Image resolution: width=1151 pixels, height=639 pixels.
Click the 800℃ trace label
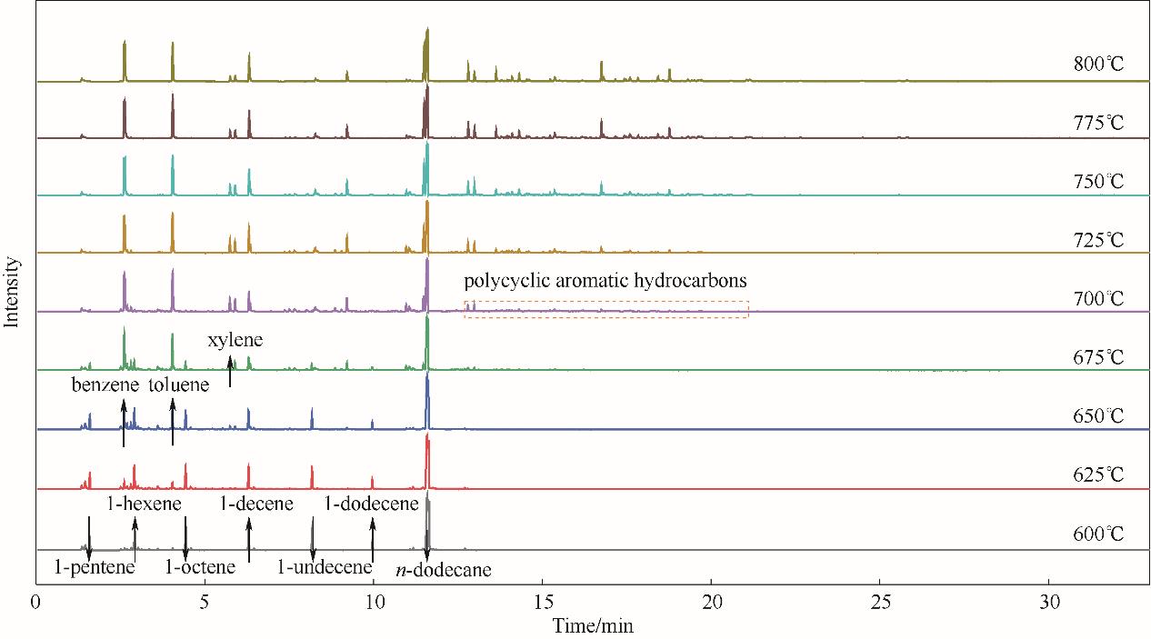point(1098,65)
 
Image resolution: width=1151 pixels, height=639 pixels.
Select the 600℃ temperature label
point(1098,534)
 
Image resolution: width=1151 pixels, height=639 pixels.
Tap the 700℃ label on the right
point(1098,299)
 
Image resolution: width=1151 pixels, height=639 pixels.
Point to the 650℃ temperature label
point(1098,416)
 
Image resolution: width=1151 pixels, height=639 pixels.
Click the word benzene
point(105,384)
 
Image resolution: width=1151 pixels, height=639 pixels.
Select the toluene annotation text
point(179,384)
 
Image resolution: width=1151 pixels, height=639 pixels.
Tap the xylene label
point(235,341)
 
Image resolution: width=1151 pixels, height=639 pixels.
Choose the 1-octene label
point(200,568)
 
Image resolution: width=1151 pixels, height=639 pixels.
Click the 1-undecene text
point(325,568)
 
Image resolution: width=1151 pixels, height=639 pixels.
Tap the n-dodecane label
point(445,571)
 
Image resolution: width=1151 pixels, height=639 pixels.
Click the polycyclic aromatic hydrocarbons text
point(606,281)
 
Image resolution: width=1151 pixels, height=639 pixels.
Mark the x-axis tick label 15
point(542,603)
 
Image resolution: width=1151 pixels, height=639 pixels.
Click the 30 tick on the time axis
point(1049,603)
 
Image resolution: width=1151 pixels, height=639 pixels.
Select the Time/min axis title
point(592,625)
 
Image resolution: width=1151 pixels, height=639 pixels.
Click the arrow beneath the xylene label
point(230,373)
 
